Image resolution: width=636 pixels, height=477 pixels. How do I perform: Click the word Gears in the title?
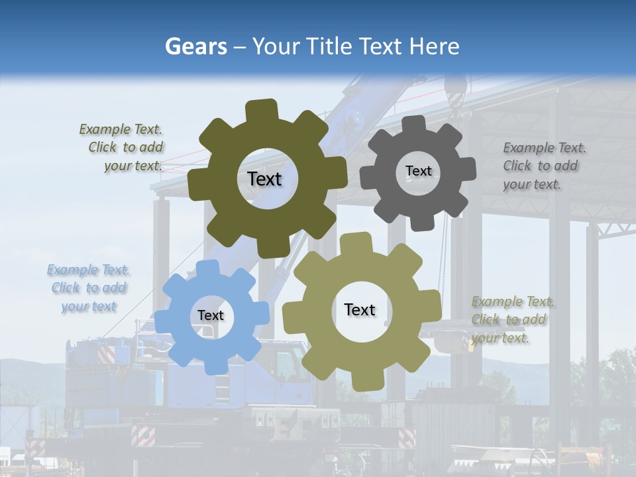point(195,46)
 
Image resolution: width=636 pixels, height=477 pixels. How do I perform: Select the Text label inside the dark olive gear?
point(264,179)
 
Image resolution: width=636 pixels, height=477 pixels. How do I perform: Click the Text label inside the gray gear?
point(418,171)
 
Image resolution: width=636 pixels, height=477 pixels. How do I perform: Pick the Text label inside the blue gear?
point(211,315)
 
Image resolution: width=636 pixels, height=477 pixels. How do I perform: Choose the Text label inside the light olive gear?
point(360,309)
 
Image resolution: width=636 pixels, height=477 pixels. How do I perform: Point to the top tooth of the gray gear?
point(414,125)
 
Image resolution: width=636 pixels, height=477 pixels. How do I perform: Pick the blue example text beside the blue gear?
point(89,288)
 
